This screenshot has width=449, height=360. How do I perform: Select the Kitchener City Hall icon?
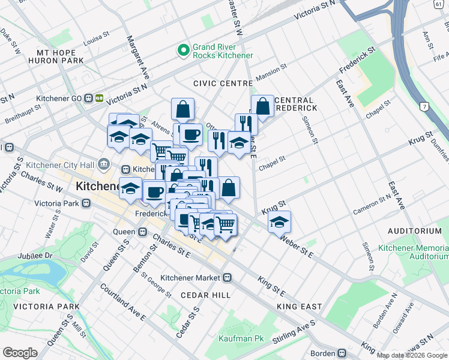pyautogui.click(x=104, y=163)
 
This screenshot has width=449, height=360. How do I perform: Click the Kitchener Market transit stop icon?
pyautogui.click(x=228, y=277)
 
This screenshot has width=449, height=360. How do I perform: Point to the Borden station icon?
pyautogui.click(x=342, y=353)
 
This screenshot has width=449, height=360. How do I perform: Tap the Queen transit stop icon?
pyautogui.click(x=142, y=232)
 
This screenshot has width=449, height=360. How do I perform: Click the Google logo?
pyautogui.click(x=20, y=352)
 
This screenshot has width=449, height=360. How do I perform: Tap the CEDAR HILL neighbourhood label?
pyautogui.click(x=206, y=295)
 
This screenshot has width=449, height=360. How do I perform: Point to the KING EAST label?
pyautogui.click(x=300, y=307)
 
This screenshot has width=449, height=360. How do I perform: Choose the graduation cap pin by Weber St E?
pyautogui.click(x=279, y=221)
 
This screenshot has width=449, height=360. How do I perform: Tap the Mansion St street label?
pyautogui.click(x=267, y=75)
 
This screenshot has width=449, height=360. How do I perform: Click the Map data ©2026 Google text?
pyautogui.click(x=412, y=355)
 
